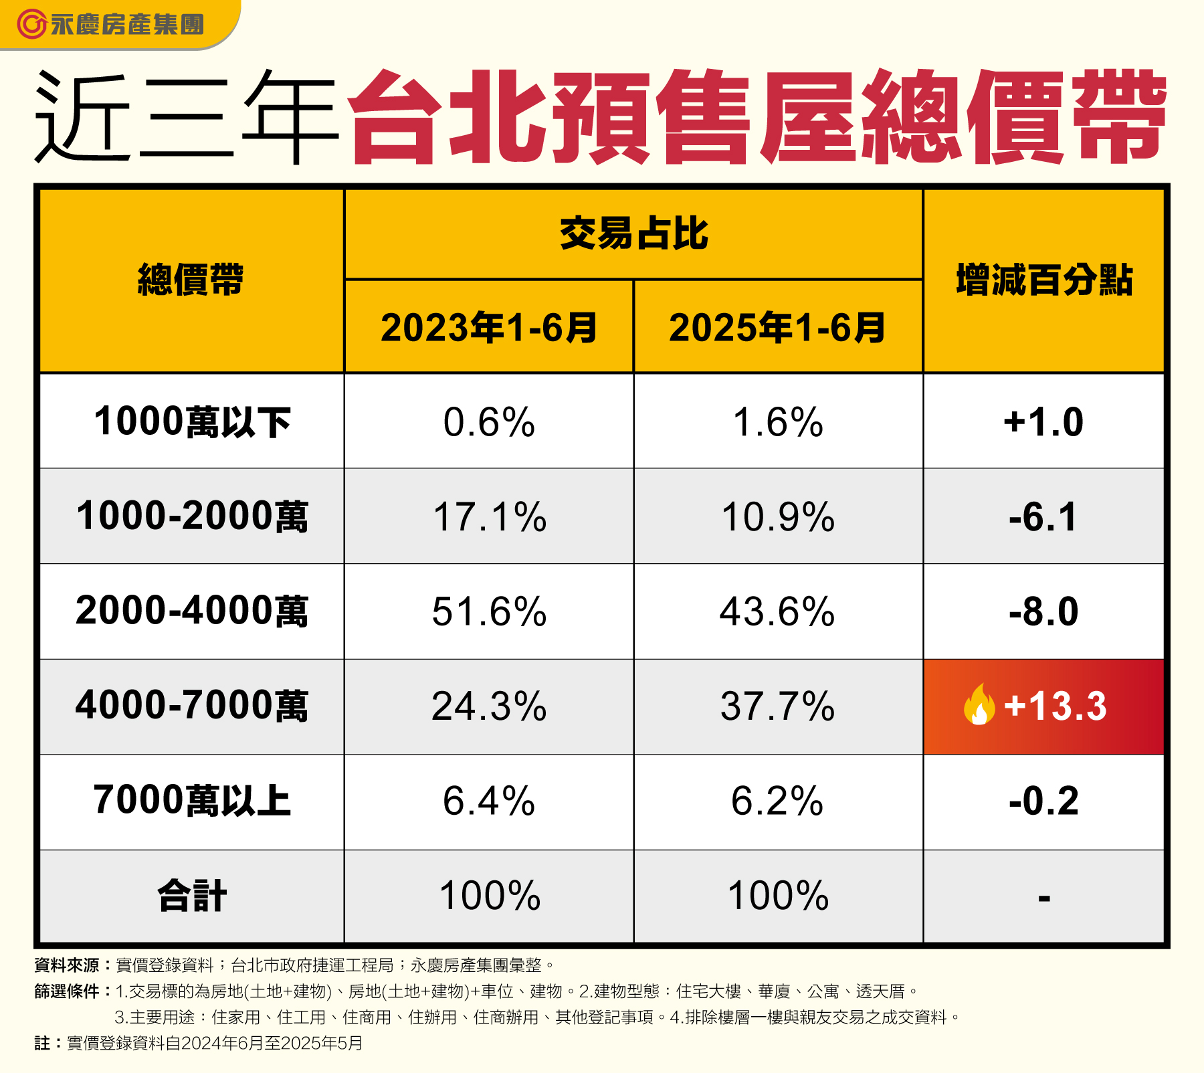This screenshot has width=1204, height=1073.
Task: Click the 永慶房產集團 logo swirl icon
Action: (x=31, y=25)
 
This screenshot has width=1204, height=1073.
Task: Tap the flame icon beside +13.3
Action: (x=979, y=705)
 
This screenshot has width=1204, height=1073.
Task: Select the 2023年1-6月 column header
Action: (x=489, y=328)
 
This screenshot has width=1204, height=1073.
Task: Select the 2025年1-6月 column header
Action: (x=778, y=328)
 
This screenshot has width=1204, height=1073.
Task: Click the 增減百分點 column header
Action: (x=1044, y=280)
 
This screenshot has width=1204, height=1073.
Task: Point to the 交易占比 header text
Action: (x=633, y=233)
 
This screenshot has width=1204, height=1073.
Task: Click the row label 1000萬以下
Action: (x=192, y=422)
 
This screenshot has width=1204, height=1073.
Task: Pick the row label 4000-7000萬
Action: (x=192, y=706)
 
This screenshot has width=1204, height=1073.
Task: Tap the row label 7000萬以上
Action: (x=192, y=801)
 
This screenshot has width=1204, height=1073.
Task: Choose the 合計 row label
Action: (x=192, y=896)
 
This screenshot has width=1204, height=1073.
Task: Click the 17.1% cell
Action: (x=489, y=517)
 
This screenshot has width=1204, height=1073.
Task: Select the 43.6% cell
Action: (x=778, y=611)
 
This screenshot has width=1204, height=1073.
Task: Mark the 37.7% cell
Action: (x=778, y=706)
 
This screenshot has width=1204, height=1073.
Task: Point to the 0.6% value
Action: (x=489, y=422)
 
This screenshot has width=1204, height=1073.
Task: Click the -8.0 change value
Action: (x=1044, y=611)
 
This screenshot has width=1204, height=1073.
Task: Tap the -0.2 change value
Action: (x=1044, y=801)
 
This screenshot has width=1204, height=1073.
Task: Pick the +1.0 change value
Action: (x=1044, y=422)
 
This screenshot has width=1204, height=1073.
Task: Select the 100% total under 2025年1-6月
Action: (x=778, y=896)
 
